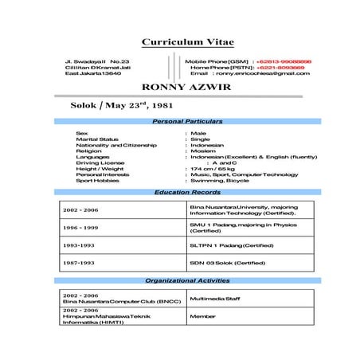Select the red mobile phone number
[x=283, y=61]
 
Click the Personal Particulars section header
[x=187, y=121]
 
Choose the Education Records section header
[x=187, y=193]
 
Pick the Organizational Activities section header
[x=187, y=281]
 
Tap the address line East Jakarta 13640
[x=92, y=73]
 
